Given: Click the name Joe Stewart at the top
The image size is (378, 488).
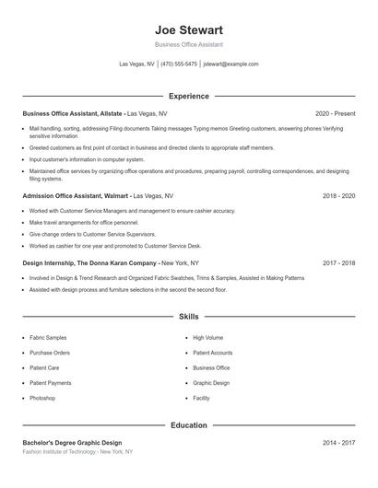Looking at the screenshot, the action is tap(188, 29).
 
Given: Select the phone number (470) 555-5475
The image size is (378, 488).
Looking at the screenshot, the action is tap(179, 64).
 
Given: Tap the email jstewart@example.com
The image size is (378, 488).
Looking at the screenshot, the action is tap(230, 64).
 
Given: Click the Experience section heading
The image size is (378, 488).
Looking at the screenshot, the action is tap(188, 96).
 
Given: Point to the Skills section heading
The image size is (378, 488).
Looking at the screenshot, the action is tap(188, 316).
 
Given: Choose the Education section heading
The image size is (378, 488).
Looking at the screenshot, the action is tap(188, 425).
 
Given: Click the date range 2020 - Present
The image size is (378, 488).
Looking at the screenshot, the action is tap(335, 113).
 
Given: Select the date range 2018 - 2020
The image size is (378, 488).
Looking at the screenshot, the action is tap(338, 196).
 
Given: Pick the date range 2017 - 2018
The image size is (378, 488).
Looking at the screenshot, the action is tap(338, 262).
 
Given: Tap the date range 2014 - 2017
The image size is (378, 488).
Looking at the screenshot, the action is tap(338, 443).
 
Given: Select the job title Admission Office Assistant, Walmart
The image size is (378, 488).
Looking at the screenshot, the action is tap(77, 196).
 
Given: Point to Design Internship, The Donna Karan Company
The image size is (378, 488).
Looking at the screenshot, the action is tap(89, 262).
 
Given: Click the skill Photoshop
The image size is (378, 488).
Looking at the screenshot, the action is tap(42, 398).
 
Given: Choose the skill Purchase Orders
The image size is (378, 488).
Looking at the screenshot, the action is tap(50, 353).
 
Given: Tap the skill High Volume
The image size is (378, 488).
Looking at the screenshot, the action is tap(207, 338).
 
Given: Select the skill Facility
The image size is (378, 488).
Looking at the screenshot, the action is tap(201, 398).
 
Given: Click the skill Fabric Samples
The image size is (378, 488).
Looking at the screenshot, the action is tap(48, 338).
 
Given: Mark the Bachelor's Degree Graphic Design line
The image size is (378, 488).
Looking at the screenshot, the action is tap(72, 443).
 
